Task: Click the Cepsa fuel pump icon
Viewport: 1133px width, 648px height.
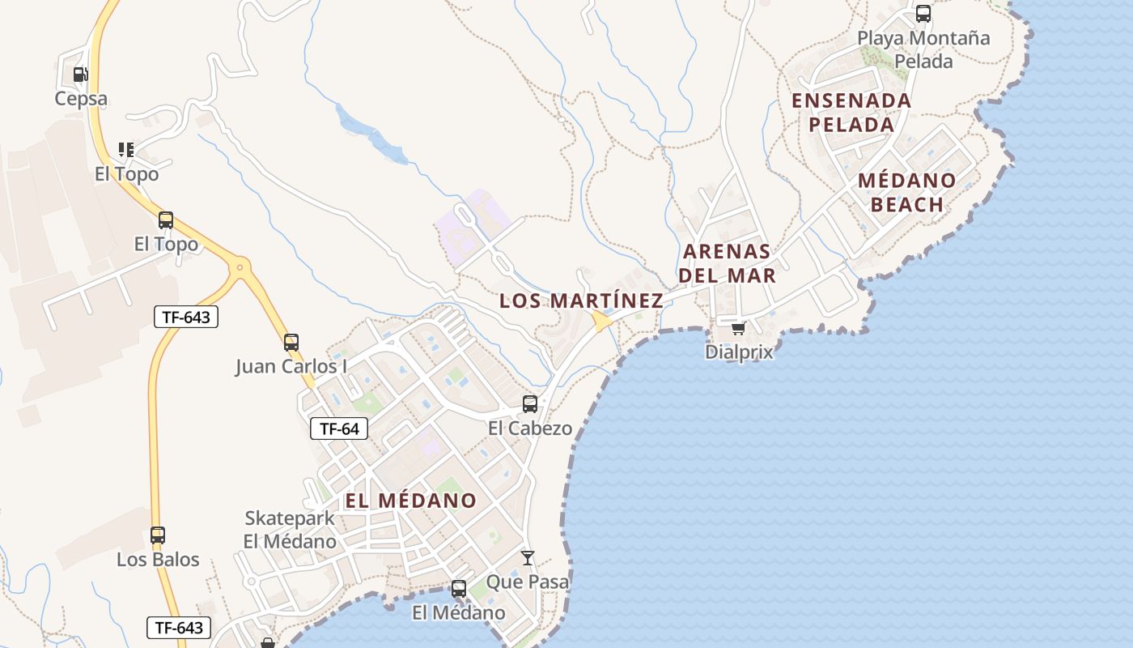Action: click(x=80, y=75)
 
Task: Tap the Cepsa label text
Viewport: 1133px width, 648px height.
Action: click(x=81, y=99)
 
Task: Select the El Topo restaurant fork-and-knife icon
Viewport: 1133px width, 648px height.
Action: click(x=126, y=150)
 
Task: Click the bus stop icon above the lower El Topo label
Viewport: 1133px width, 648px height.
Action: click(x=166, y=220)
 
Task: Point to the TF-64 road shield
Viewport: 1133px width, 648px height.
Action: click(x=339, y=428)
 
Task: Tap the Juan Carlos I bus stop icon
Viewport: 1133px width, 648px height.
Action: click(x=291, y=343)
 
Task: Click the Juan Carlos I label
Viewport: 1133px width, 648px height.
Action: click(x=291, y=367)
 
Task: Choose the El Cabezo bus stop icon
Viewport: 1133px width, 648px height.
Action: click(x=530, y=404)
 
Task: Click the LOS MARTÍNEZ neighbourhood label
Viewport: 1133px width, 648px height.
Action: click(x=581, y=301)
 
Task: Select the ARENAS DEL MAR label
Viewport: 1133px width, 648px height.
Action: click(x=727, y=262)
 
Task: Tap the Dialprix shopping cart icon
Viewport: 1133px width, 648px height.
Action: click(x=738, y=329)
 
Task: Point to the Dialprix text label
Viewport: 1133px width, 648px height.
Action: click(x=739, y=352)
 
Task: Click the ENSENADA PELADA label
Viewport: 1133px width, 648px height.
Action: click(x=851, y=113)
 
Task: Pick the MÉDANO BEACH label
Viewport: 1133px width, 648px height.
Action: click(x=907, y=192)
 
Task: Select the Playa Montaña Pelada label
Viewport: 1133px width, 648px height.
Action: click(x=923, y=49)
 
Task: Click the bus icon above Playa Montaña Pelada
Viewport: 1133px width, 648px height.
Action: click(x=923, y=14)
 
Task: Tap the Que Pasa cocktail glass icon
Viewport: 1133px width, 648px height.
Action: click(x=528, y=557)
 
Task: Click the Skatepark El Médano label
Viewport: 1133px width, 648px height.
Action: click(x=290, y=530)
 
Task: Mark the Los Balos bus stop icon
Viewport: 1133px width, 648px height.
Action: click(x=158, y=535)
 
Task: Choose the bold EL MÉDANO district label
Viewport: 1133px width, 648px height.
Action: click(x=410, y=501)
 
